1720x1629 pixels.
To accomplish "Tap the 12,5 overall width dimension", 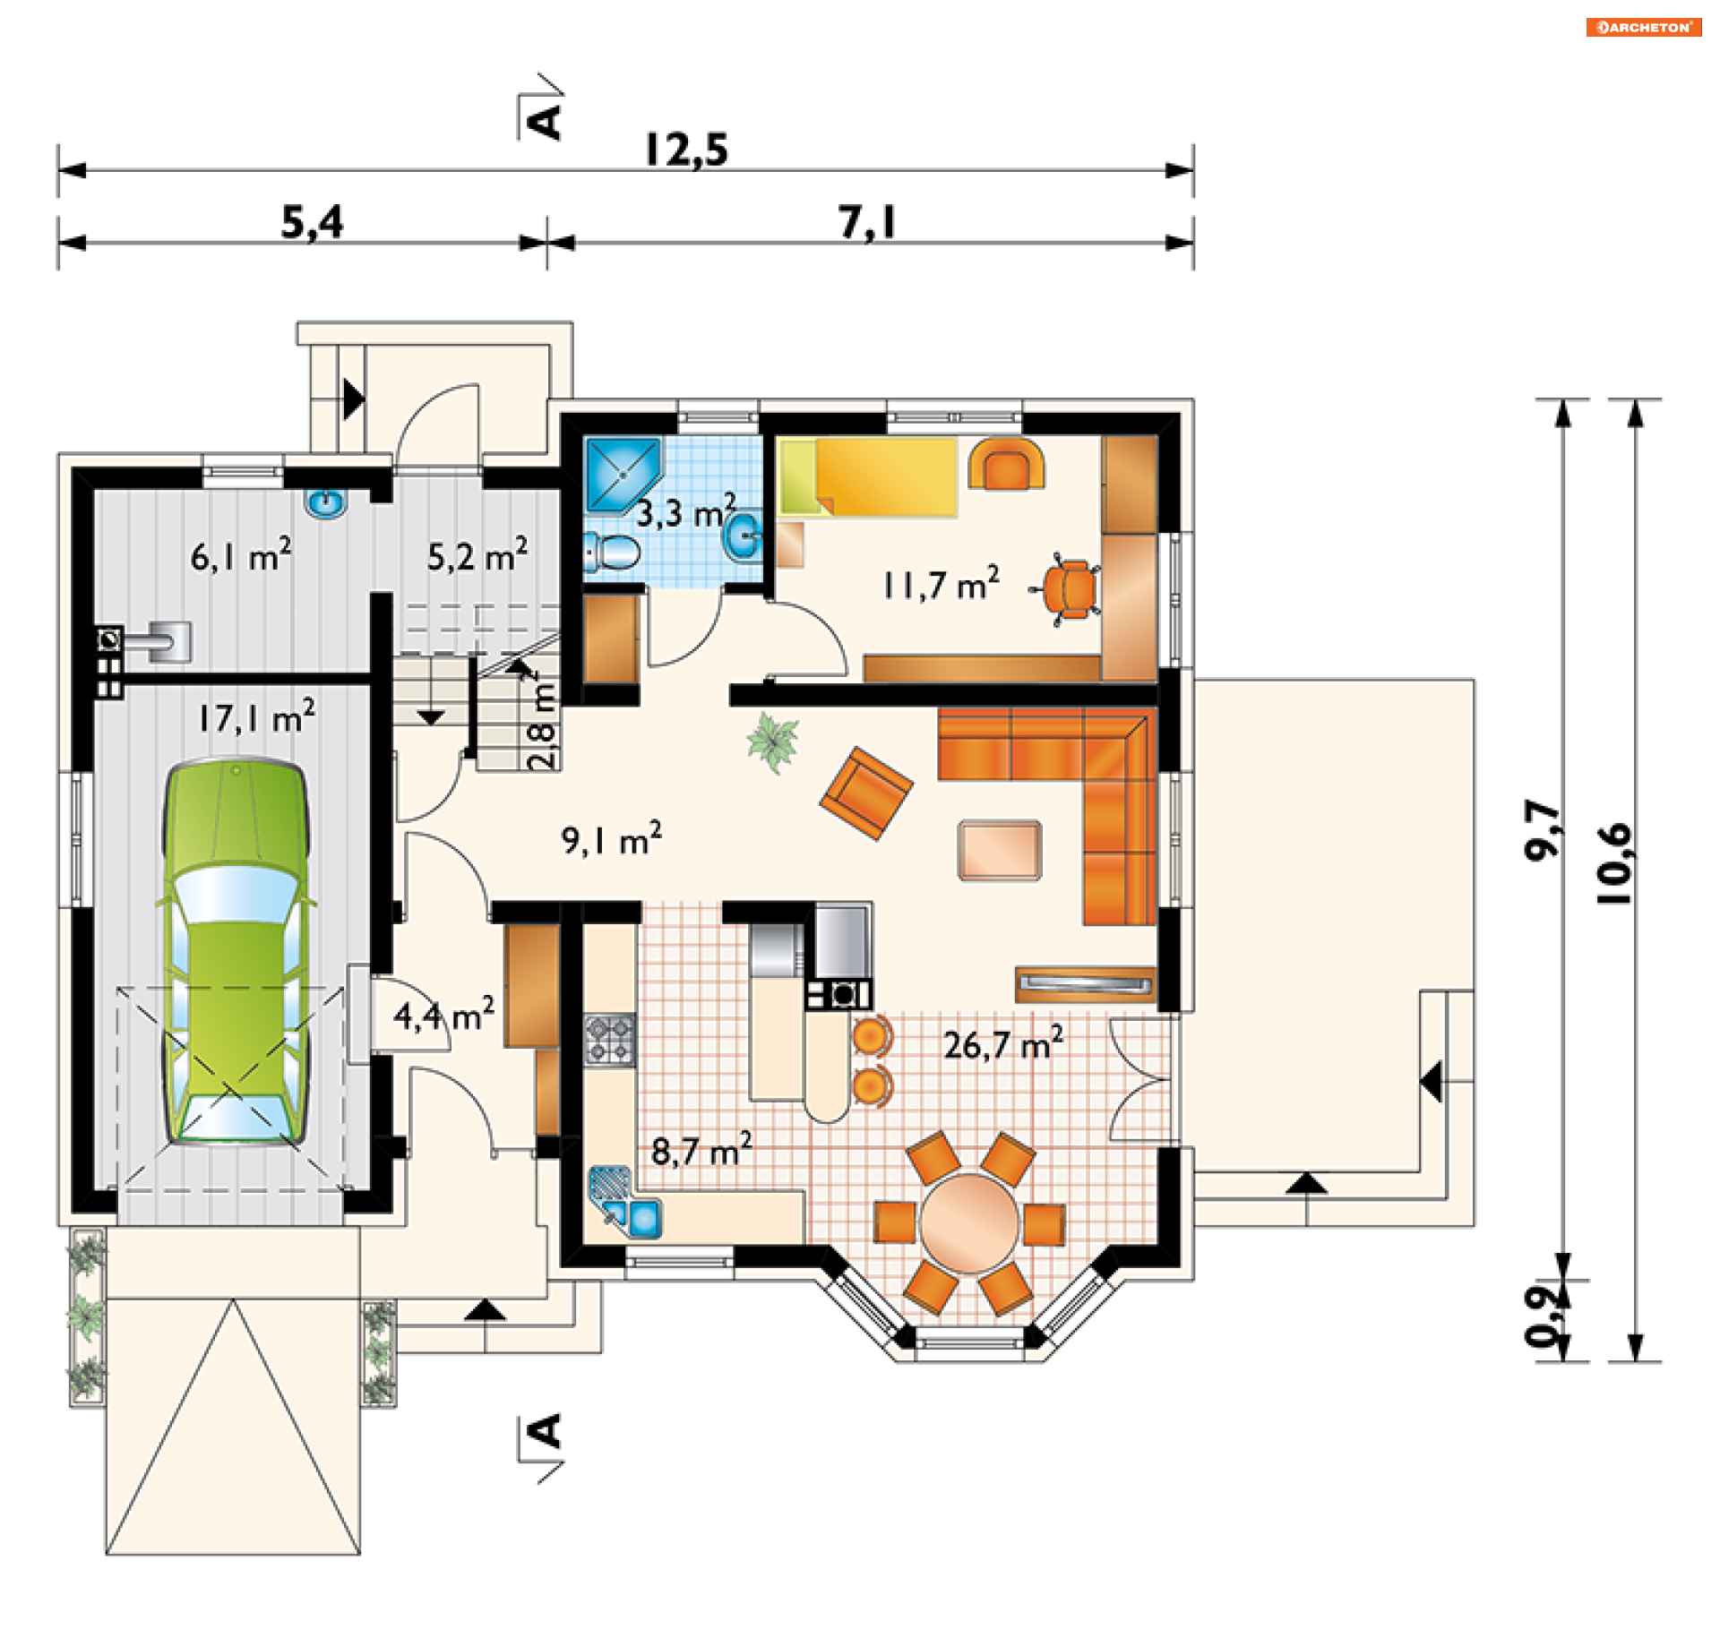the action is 686,150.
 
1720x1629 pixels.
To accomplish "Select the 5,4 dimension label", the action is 312,222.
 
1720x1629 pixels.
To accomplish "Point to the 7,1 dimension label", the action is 867,222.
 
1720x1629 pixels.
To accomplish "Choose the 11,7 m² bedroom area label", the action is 941,584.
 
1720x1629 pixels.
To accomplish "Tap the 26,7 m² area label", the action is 1003,1043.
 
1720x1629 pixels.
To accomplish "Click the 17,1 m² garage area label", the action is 256,716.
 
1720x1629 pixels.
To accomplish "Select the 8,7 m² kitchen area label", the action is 701,1150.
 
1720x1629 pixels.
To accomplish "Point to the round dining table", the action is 969,1222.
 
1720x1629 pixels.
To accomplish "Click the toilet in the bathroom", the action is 612,552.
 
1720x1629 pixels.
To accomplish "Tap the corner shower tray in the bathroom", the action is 623,473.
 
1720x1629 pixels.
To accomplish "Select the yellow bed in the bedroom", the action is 867,476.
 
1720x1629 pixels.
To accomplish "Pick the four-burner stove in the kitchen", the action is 610,1039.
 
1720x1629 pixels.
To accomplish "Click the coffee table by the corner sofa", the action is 1000,850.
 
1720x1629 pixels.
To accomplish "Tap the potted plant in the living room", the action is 772,742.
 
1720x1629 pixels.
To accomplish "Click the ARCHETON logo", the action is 1643,28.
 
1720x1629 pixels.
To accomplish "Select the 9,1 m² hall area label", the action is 612,840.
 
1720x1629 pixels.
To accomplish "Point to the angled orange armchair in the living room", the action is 866,793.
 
